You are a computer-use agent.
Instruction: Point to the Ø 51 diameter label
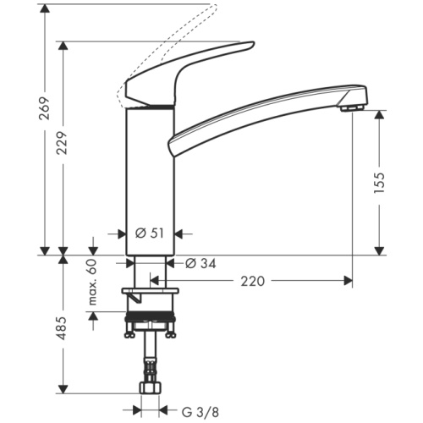151,233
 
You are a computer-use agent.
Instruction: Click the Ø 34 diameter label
200,263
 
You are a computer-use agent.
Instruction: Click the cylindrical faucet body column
150,178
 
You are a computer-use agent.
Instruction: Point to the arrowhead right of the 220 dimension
348,280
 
